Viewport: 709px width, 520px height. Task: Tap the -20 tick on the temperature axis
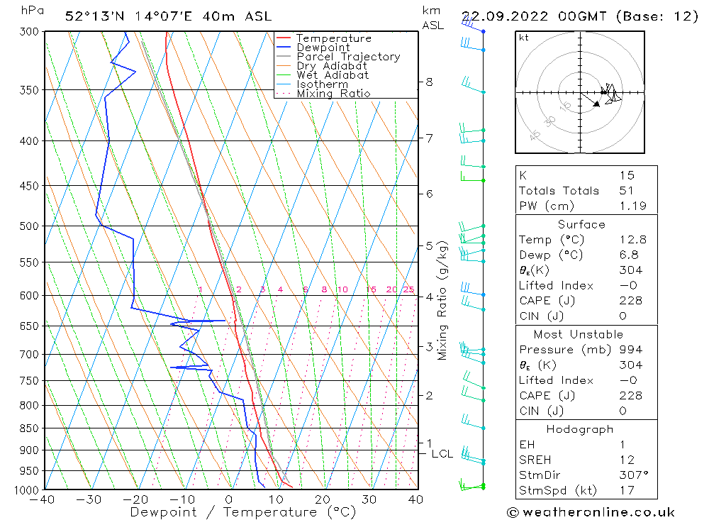click(136, 499)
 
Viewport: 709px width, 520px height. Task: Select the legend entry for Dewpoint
click(323, 48)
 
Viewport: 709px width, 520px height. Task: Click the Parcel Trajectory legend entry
click(347, 57)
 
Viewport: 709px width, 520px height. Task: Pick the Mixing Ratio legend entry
click(333, 93)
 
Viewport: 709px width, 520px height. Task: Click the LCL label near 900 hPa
click(442, 454)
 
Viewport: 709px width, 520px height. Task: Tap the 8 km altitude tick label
click(429, 82)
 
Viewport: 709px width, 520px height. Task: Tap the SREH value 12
click(625, 460)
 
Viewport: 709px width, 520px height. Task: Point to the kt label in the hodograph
click(524, 38)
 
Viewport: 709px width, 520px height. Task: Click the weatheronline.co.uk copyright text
click(591, 512)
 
